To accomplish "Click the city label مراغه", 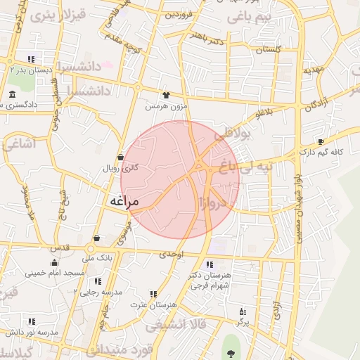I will point(124,202).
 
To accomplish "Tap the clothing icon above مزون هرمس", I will point(166,95).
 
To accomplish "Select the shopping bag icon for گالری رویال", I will point(121,157).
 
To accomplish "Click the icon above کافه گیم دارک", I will point(321,141).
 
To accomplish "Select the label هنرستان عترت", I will point(148,304).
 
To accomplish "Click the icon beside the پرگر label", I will point(242,311).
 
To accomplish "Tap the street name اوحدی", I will point(172,255).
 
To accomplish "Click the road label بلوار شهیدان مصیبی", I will point(297,207).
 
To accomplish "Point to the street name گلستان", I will point(268,50).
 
